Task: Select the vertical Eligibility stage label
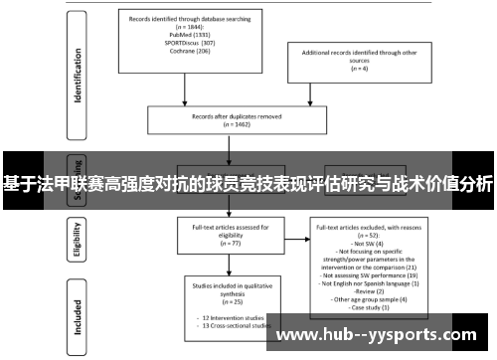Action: (78, 239)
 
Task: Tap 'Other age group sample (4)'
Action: (369, 298)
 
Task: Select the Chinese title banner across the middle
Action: (248, 183)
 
